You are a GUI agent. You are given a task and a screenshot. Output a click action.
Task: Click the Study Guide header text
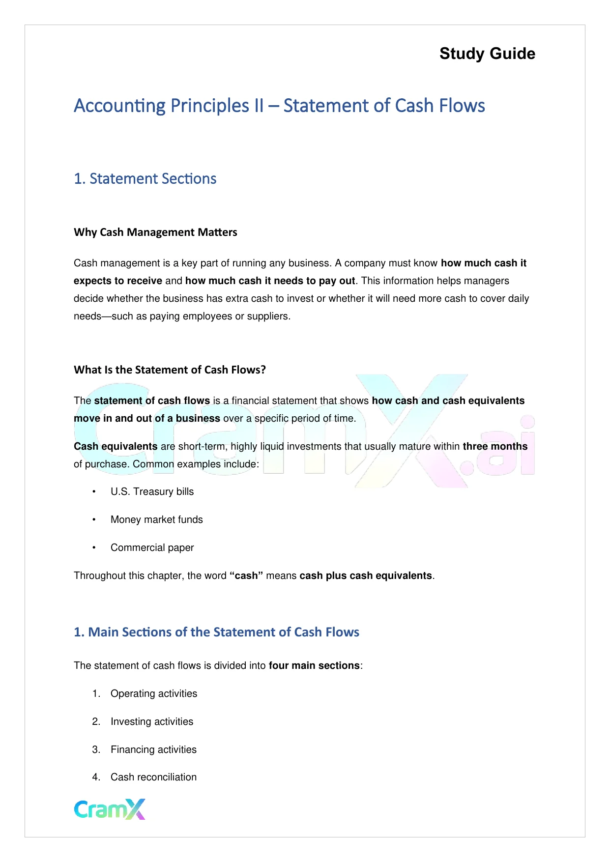click(x=487, y=54)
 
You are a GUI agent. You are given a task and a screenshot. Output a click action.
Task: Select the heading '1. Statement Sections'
click(x=145, y=178)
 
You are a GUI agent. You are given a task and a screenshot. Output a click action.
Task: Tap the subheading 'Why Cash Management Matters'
click(x=155, y=232)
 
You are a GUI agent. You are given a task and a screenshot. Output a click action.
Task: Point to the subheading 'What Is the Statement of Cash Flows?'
click(x=170, y=370)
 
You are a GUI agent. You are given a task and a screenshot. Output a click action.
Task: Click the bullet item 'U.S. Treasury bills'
click(x=152, y=491)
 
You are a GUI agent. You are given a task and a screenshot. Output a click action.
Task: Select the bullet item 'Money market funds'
click(x=156, y=519)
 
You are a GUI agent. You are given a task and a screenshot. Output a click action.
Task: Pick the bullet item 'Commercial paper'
click(x=152, y=547)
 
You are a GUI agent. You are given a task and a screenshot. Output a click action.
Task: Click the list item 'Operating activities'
click(x=153, y=693)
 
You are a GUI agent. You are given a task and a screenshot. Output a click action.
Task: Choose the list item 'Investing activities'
click(x=151, y=721)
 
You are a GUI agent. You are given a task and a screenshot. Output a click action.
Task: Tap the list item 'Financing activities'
click(x=153, y=749)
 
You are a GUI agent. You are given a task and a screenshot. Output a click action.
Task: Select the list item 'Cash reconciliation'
click(x=153, y=777)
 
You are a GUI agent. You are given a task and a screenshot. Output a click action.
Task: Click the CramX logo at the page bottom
click(x=110, y=809)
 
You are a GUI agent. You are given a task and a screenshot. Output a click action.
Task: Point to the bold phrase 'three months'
click(x=495, y=446)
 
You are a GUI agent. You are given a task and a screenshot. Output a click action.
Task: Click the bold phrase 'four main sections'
click(x=314, y=665)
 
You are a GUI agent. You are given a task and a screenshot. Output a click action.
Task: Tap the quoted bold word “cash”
click(x=247, y=575)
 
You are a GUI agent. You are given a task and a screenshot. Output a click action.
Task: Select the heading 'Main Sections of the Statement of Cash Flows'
click(x=216, y=632)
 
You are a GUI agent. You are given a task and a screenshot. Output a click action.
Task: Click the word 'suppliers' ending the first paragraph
click(x=270, y=316)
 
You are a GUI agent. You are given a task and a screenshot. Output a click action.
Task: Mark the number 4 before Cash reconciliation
click(x=96, y=777)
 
